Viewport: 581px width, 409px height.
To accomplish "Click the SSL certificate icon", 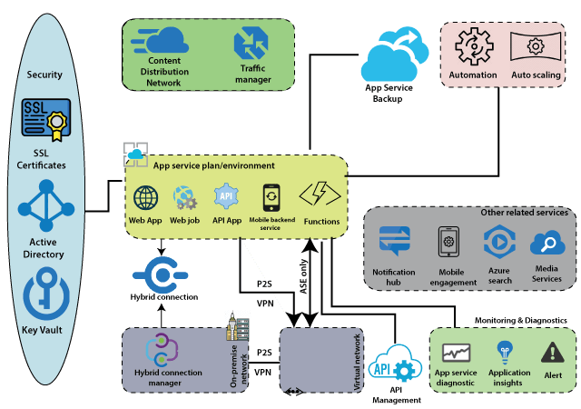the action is [x=46, y=119].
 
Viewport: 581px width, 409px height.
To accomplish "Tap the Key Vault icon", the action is [x=46, y=294].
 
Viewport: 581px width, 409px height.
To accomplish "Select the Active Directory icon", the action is [x=46, y=205].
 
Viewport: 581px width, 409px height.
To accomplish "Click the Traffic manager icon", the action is [x=251, y=44].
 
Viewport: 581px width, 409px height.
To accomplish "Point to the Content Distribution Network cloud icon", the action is [x=160, y=40].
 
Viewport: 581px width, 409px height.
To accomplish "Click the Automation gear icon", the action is [x=474, y=46].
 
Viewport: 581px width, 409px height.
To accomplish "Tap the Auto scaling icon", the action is [x=536, y=46].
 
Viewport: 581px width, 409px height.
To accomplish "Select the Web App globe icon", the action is [x=145, y=198].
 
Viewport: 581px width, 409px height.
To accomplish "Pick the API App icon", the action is [x=226, y=196].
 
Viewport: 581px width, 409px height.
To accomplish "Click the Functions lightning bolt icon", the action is [x=320, y=194].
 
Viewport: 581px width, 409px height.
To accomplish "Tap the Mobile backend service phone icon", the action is [x=271, y=198].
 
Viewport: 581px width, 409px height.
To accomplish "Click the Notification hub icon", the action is [x=395, y=241].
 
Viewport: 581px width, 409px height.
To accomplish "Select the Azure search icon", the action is [x=499, y=242].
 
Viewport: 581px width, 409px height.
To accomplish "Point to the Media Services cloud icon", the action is [x=547, y=243].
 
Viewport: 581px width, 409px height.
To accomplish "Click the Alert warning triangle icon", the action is [x=553, y=353].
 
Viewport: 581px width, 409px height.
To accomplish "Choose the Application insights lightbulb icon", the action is [x=505, y=353].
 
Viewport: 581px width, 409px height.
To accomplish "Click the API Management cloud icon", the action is [x=396, y=364].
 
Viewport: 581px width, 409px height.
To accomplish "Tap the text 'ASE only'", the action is [x=303, y=276].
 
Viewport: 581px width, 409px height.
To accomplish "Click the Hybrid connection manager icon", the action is [x=162, y=349].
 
